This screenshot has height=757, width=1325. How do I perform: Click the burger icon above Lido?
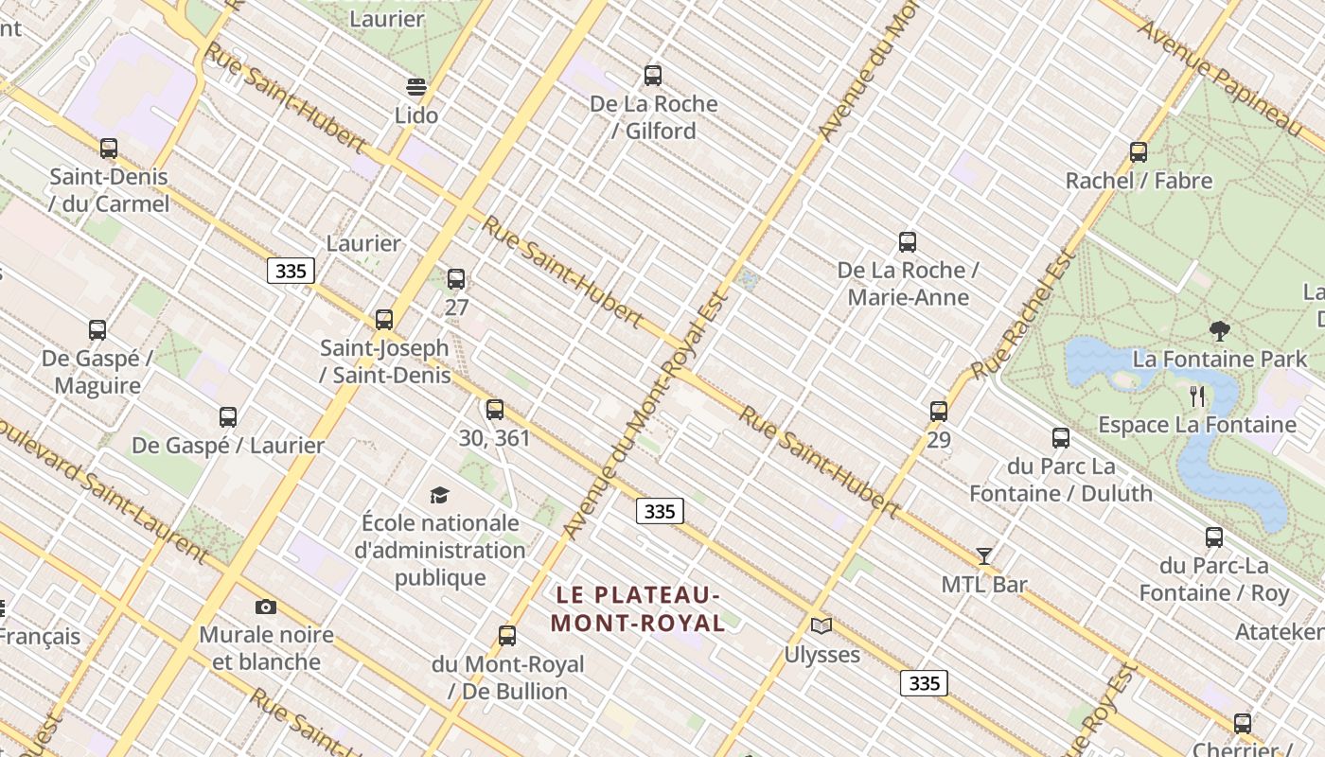(x=416, y=87)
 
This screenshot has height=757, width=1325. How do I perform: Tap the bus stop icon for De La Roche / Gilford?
(x=653, y=76)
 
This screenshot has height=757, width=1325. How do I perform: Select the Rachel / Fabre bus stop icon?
(x=1139, y=151)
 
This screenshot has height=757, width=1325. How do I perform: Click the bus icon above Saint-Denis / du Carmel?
(x=109, y=149)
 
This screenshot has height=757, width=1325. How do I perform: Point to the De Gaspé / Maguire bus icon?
(x=97, y=330)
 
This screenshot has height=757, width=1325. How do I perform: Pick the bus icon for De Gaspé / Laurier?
(x=228, y=416)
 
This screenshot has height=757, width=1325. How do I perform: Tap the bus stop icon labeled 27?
(x=456, y=279)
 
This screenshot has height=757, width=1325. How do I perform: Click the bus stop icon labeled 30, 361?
(x=495, y=410)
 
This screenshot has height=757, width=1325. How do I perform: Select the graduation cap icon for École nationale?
(x=439, y=495)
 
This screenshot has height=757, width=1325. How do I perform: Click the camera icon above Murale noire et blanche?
(x=266, y=607)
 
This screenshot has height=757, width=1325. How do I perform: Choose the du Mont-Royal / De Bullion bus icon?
(x=507, y=636)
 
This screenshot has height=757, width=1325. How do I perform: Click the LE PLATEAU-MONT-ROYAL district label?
(x=638, y=608)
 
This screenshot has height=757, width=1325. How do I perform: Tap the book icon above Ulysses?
(x=821, y=626)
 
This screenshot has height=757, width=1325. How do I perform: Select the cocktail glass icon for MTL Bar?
(x=984, y=556)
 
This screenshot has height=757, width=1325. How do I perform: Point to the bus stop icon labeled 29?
(x=939, y=412)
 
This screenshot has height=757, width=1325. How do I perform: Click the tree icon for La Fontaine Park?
(x=1220, y=331)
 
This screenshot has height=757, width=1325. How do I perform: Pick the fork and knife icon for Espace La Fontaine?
(x=1198, y=396)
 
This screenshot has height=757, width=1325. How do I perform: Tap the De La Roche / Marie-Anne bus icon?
(x=908, y=242)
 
